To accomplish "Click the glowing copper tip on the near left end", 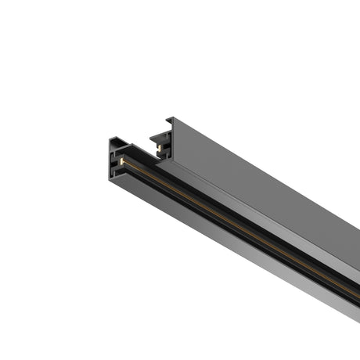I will pyautogui.click(x=123, y=162).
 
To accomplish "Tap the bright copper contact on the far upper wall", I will pyautogui.click(x=159, y=146).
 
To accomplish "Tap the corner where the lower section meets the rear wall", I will pyautogui.click(x=169, y=160).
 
